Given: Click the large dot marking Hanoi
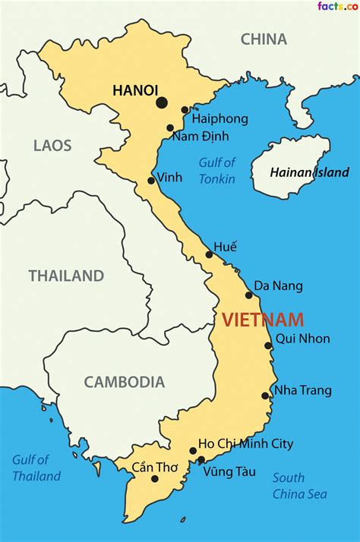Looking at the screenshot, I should point(162,103).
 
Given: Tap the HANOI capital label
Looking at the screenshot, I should point(135,90).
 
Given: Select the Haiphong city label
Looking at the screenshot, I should point(219,119).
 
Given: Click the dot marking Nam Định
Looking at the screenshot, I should point(170,128).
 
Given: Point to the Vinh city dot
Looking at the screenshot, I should point(151,181).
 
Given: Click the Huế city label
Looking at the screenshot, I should point(225,247).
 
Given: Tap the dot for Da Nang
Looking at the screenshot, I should point(248,295).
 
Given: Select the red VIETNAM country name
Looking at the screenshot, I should point(263,320).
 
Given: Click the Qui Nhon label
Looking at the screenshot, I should point(302,339).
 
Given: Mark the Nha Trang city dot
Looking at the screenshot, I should point(264,395).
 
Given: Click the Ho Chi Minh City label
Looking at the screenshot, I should point(245,444).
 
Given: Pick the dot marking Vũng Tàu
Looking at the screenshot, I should point(201,460).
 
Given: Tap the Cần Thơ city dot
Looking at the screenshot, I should point(155,478).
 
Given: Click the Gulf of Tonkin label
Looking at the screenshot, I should point(217,171).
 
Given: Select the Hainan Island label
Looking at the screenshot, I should point(309,172).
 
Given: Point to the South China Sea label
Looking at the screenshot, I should point(299,486).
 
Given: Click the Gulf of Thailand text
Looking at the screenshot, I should point(36,468).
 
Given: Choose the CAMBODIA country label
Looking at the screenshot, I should point(124,383).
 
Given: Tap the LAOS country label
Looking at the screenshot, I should point(52,145).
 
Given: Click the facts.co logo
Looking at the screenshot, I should point(337,7).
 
